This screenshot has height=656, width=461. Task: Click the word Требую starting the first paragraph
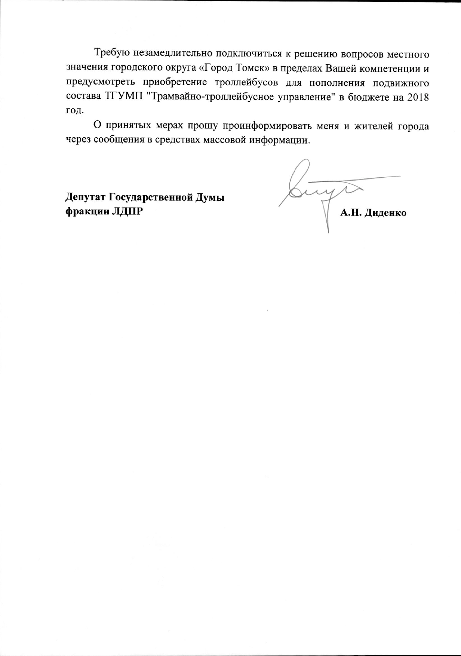(111, 53)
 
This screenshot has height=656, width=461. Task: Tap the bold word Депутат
(85, 197)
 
